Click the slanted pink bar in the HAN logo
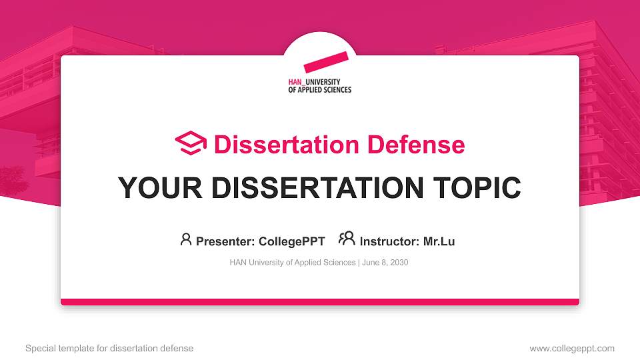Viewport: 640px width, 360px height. point(326,61)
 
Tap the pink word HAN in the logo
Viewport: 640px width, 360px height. point(293,82)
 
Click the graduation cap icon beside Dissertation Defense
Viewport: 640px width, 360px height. point(191,144)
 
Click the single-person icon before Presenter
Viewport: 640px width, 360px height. point(186,239)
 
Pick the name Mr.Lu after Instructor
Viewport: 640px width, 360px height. point(439,241)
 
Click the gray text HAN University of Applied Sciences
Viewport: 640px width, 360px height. point(293,263)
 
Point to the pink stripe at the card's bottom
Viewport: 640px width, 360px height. point(320,302)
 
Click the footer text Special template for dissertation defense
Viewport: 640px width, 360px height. point(109,348)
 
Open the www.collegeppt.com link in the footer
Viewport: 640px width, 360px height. point(572,348)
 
